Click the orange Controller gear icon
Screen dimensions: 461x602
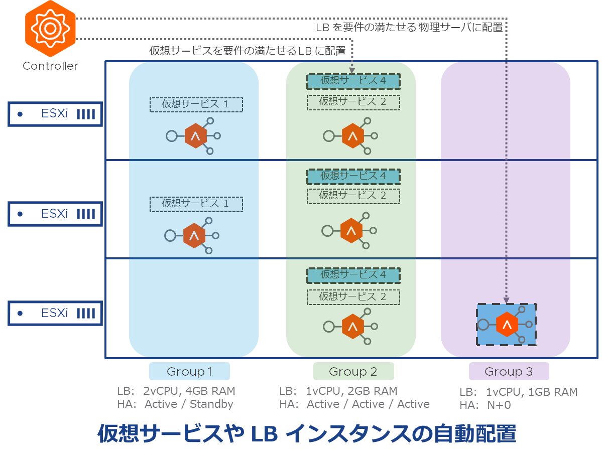pyautogui.click(x=50, y=29)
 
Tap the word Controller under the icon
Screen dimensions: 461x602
pyautogui.click(x=50, y=66)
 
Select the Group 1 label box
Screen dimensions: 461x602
pyautogui.click(x=189, y=372)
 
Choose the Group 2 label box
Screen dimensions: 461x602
pyautogui.click(x=353, y=372)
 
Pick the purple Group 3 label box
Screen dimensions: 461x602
pyautogui.click(x=509, y=372)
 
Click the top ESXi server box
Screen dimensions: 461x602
pyautogui.click(x=55, y=114)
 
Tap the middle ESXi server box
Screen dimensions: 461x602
pyautogui.click(x=55, y=214)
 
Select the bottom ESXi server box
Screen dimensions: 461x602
pyautogui.click(x=55, y=313)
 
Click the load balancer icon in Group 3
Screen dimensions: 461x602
pyautogui.click(x=507, y=325)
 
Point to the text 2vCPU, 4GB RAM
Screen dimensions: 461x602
pyautogui.click(x=189, y=391)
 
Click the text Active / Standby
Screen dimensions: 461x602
pyautogui.click(x=189, y=404)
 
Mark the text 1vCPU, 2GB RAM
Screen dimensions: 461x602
pyautogui.click(x=351, y=391)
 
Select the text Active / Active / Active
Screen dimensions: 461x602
pyautogui.click(x=368, y=404)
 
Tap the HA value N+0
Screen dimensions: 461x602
pyautogui.click(x=499, y=405)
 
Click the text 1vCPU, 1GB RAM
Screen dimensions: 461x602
pyautogui.click(x=532, y=392)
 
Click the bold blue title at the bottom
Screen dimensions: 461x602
pyautogui.click(x=306, y=434)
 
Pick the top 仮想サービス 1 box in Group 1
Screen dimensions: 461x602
pyautogui.click(x=196, y=104)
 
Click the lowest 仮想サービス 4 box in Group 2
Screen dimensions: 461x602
pyautogui.click(x=353, y=275)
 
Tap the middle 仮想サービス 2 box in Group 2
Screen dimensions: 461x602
pyautogui.click(x=353, y=196)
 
